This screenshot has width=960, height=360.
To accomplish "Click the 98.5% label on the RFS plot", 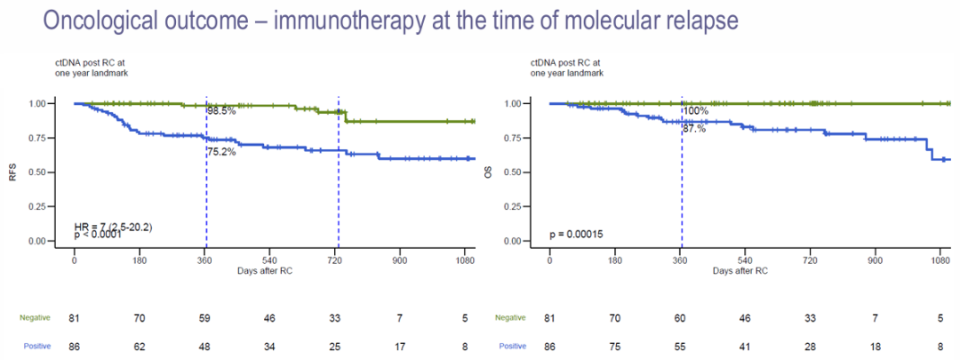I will (x=222, y=111).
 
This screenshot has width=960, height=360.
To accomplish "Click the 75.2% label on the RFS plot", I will (x=222, y=152).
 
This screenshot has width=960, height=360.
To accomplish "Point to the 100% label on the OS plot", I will (x=695, y=111).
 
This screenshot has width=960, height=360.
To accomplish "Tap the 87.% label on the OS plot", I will (x=694, y=129).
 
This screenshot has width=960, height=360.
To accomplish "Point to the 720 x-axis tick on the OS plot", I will (x=811, y=260).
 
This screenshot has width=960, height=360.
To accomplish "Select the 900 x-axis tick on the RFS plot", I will (x=400, y=260).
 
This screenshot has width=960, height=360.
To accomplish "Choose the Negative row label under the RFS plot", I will (x=35, y=316).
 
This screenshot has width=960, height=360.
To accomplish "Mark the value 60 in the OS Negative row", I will (x=681, y=316).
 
